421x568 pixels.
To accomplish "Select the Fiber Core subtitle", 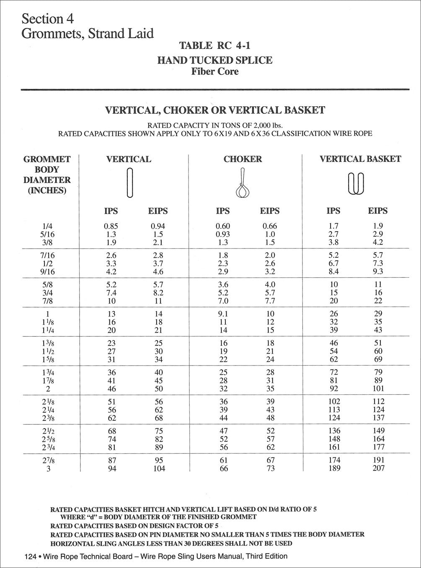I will [x=214, y=72].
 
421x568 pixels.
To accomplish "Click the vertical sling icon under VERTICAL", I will [x=129, y=182].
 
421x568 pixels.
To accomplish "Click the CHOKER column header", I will [x=243, y=159].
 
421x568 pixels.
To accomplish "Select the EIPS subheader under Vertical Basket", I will [x=378, y=211].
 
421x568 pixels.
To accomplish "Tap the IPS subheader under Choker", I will [x=223, y=211].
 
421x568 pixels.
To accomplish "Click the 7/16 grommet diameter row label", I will [x=47, y=255].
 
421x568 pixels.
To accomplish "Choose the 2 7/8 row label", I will [x=47, y=460].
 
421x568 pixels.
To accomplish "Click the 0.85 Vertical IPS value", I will [x=111, y=226].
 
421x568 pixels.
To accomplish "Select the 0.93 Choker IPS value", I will [x=223, y=235].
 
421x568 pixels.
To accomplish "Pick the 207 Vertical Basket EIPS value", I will [x=378, y=468].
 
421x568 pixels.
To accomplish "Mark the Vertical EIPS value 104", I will [x=158, y=468].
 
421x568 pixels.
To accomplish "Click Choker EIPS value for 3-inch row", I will [x=270, y=468].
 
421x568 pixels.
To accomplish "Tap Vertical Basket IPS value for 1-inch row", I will [x=333, y=314].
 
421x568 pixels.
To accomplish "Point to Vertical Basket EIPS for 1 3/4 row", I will [x=378, y=372].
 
